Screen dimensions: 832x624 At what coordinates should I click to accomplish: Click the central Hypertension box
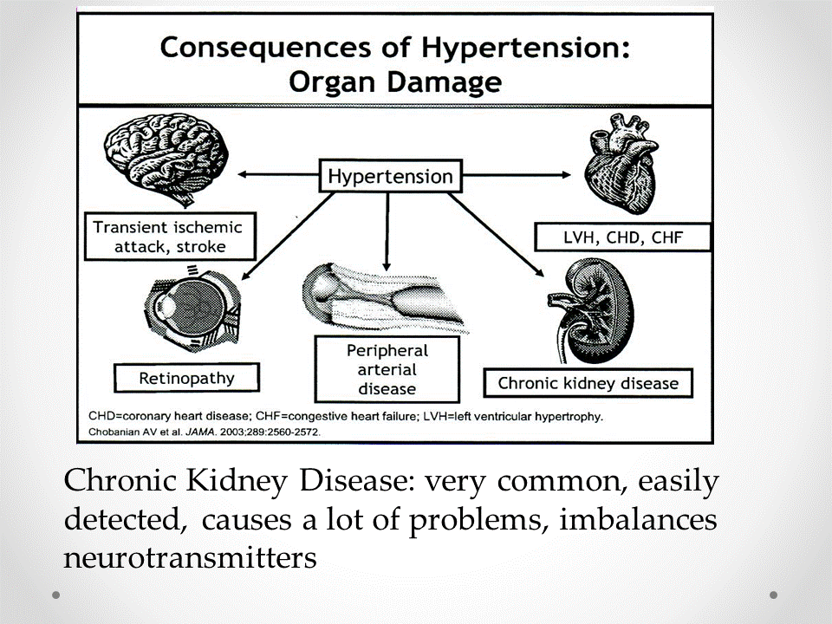click(391, 176)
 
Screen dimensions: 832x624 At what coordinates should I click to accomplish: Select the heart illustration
click(621, 164)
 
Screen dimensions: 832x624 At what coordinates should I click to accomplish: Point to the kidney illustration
click(591, 310)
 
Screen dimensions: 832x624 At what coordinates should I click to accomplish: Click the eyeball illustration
click(192, 308)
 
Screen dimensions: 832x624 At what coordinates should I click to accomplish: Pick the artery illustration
click(383, 297)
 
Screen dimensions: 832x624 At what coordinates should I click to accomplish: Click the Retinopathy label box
click(187, 378)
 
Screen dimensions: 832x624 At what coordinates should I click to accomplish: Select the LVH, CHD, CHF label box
click(622, 237)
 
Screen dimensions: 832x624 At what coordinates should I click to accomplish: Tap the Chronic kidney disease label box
click(588, 383)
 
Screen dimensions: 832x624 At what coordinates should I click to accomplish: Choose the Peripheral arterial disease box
click(387, 369)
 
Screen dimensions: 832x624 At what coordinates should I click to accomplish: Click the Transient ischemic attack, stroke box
click(171, 237)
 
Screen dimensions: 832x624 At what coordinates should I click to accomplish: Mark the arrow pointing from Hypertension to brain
click(278, 174)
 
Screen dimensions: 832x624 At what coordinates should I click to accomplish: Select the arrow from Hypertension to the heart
click(517, 174)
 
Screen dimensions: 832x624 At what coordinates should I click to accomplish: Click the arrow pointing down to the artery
click(387, 232)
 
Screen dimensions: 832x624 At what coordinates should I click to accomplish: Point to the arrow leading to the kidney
click(496, 235)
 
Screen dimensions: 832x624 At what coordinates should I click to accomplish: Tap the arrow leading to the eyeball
click(288, 236)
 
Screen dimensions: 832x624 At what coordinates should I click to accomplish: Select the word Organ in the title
click(333, 82)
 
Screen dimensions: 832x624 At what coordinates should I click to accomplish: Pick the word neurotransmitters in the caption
click(190, 558)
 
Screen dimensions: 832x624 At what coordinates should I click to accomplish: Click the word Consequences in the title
click(265, 47)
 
